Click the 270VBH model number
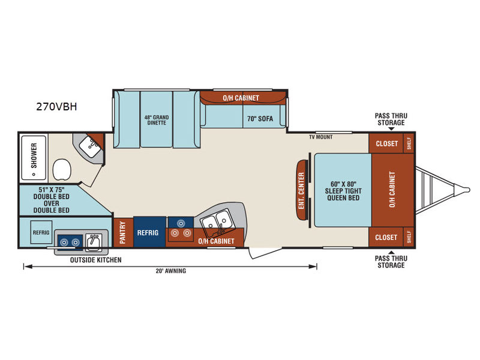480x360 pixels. [56, 107]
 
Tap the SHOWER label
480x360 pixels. [34, 155]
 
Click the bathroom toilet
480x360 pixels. [62, 169]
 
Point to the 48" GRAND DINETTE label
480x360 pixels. [157, 120]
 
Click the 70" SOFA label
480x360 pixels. [260, 119]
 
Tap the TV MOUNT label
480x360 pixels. [320, 137]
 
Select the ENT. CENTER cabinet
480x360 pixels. [302, 190]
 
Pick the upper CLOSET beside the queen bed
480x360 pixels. [386, 143]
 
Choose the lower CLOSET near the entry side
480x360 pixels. [386, 237]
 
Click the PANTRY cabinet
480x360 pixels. [123, 232]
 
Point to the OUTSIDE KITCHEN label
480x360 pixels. [96, 260]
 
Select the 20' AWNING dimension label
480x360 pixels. [171, 271]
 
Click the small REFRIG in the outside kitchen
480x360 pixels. [41, 232]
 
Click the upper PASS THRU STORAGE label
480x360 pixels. [391, 119]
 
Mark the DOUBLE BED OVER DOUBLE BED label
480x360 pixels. [51, 200]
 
